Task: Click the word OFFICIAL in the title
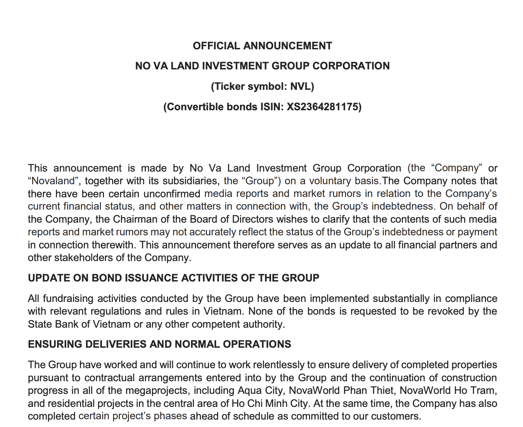[x=216, y=46]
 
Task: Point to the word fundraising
[x=69, y=299]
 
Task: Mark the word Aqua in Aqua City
[x=248, y=390]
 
